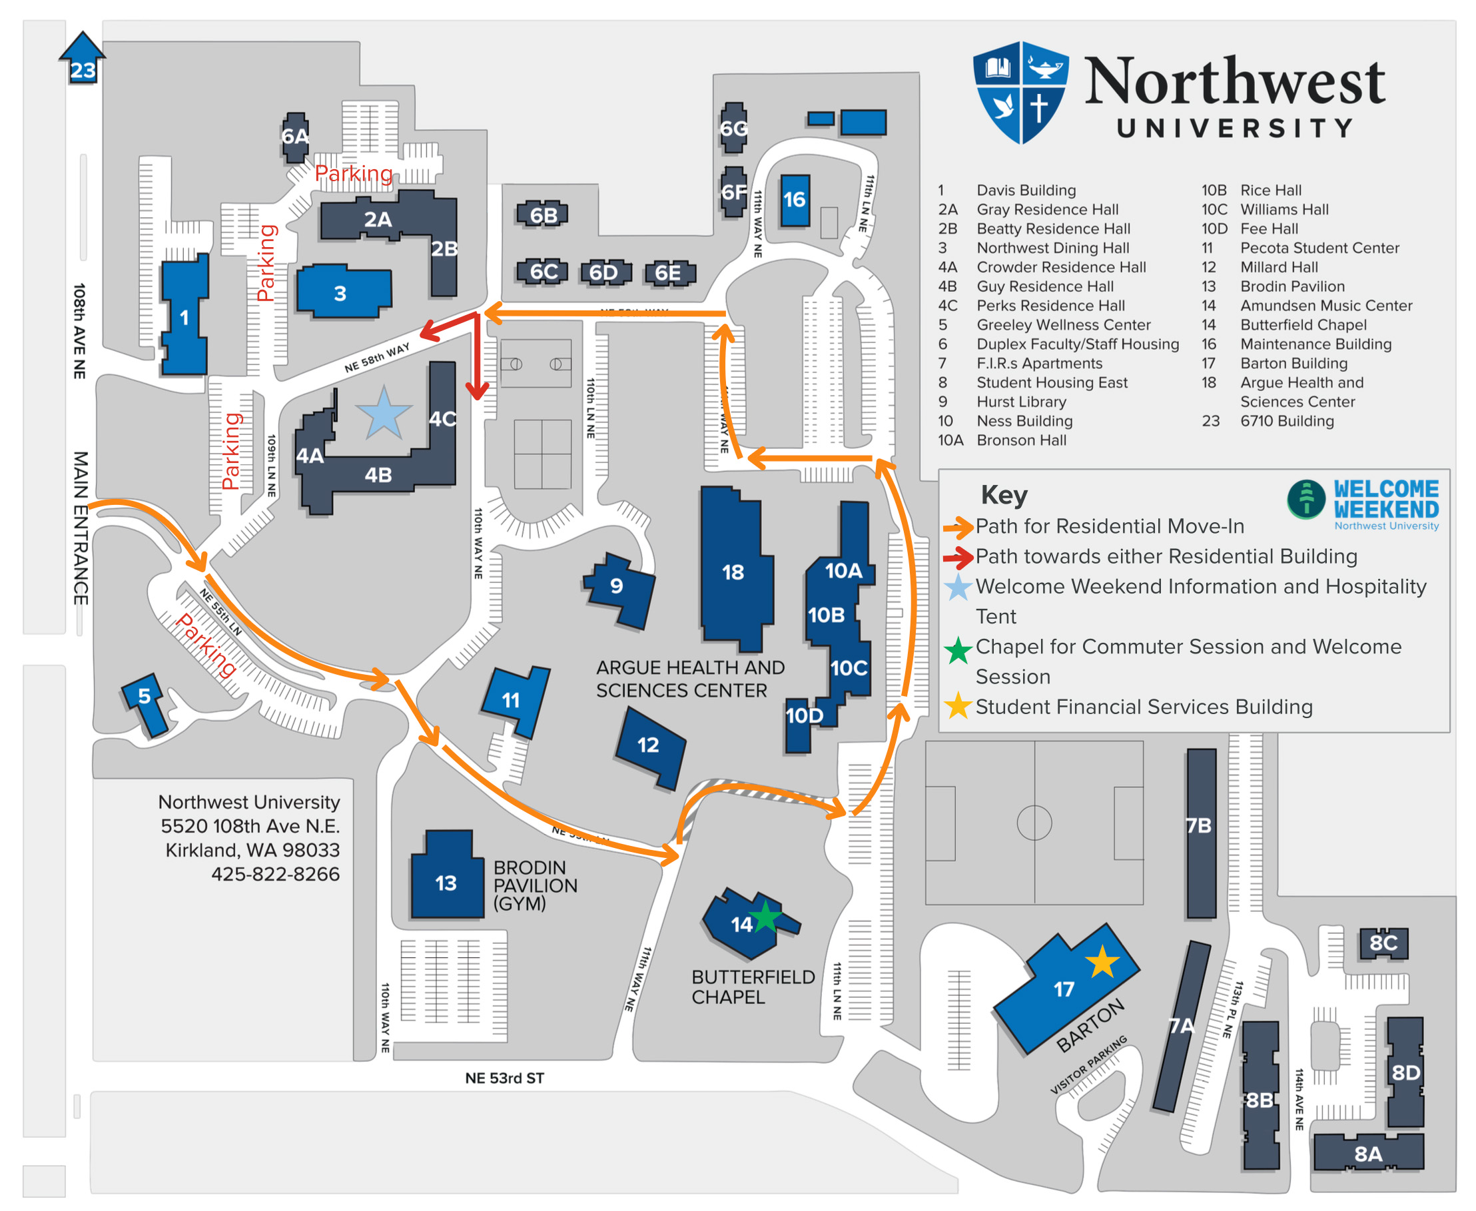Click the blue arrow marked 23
[83, 59]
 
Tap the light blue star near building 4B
[383, 413]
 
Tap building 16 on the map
[794, 201]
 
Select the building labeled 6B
[542, 215]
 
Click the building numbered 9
[619, 588]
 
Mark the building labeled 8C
[1383, 943]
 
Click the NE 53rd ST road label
[504, 1078]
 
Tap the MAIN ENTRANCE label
[81, 528]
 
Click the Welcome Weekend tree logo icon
[1305, 499]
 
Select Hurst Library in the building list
[1021, 402]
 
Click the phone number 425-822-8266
[276, 874]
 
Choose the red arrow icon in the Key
[958, 557]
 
